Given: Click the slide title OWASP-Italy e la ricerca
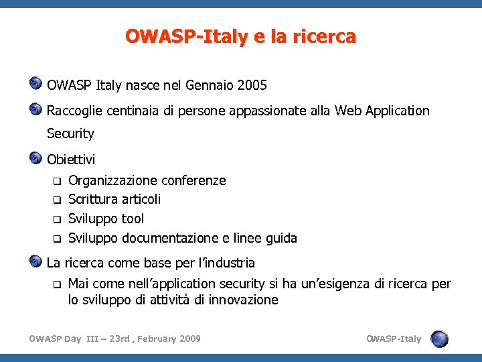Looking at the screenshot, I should [x=240, y=36].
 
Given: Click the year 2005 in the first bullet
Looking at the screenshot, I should [x=252, y=86].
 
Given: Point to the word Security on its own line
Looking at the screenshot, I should [x=70, y=133].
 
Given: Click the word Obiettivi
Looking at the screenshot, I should [x=71, y=160].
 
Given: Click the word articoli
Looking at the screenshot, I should [x=141, y=199].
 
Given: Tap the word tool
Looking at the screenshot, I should [x=133, y=219].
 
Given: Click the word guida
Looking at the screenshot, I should [x=281, y=238].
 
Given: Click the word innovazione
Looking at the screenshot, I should [x=243, y=300].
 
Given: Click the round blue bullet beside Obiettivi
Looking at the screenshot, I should [x=36, y=158].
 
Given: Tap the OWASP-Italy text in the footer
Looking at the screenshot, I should [x=394, y=339].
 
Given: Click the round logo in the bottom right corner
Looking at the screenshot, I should [x=440, y=339].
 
